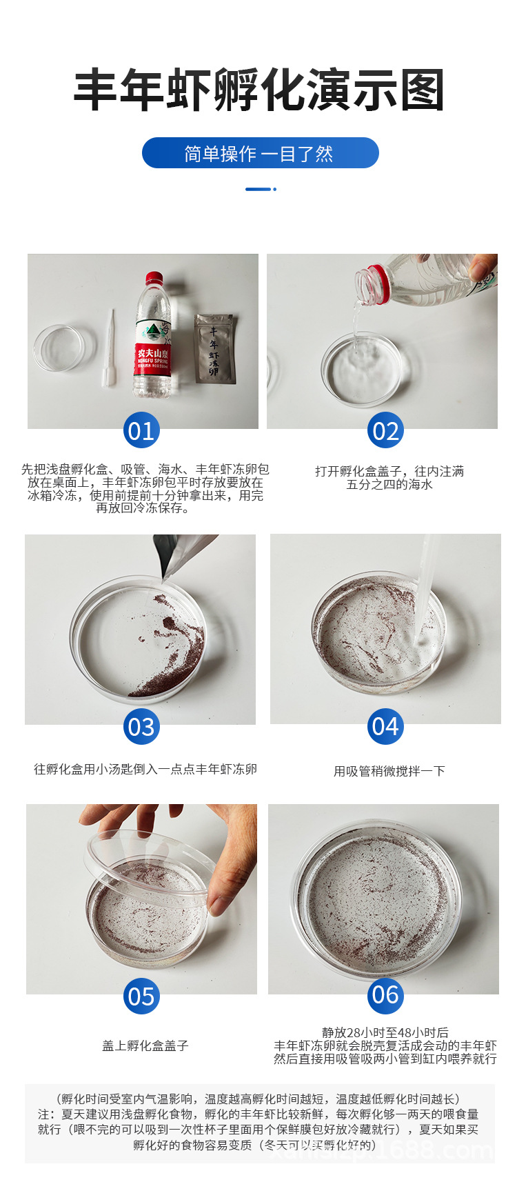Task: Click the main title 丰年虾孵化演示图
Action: [x=258, y=90]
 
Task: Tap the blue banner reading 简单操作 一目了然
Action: [x=260, y=153]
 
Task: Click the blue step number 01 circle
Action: [x=141, y=431]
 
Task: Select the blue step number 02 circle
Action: [x=385, y=431]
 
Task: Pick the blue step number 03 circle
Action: [x=141, y=727]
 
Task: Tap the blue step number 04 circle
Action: [x=385, y=726]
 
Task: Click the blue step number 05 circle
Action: [x=141, y=996]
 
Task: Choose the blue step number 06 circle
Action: [x=385, y=995]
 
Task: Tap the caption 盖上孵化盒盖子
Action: [x=145, y=1045]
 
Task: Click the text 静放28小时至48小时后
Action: [x=385, y=1032]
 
